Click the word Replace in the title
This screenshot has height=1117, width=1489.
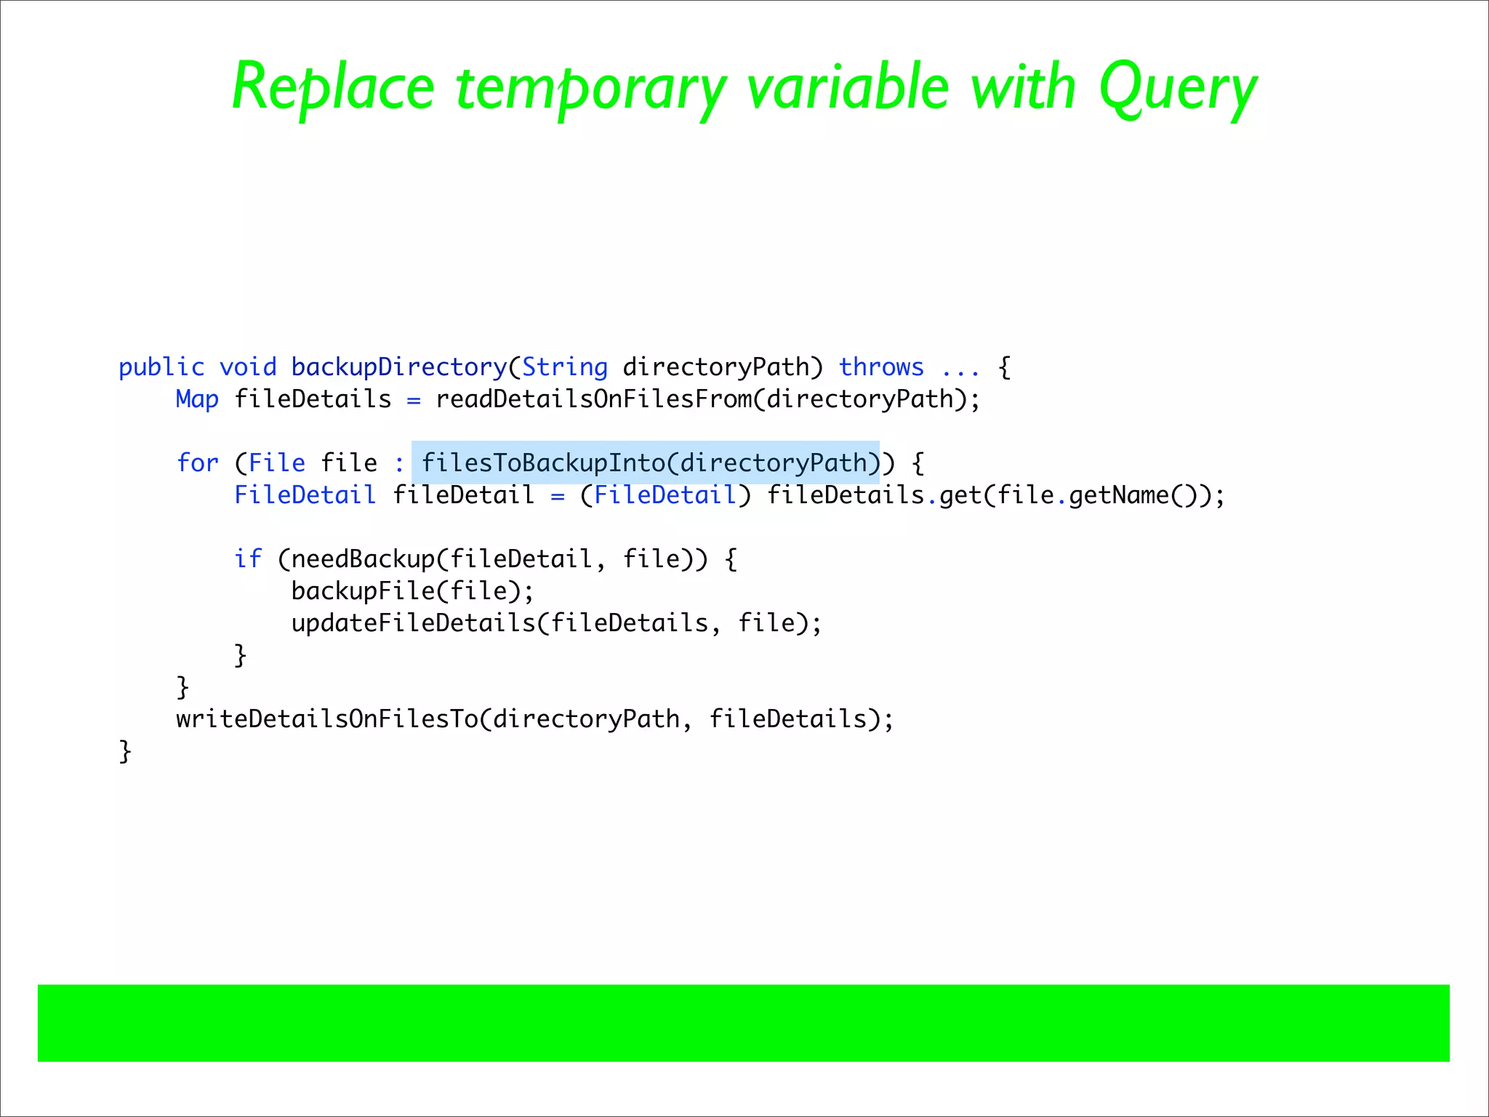point(333,87)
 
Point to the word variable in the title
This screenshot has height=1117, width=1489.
point(848,87)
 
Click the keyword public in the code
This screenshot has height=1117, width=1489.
point(161,367)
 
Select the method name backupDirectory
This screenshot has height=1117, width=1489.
point(398,367)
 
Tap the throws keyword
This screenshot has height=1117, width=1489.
point(881,367)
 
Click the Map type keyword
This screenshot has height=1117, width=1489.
point(197,399)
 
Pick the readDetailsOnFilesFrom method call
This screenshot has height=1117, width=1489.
point(593,399)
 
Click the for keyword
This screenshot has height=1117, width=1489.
point(197,463)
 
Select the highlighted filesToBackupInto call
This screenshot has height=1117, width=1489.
point(646,463)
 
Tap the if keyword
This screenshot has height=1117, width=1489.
point(247,559)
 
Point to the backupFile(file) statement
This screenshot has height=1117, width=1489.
point(412,591)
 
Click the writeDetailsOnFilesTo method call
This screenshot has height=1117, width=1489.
point(327,719)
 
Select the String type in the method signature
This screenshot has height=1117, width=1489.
point(565,367)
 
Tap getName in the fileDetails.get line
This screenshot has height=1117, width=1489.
point(1118,495)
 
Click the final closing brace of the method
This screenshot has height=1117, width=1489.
point(125,751)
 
